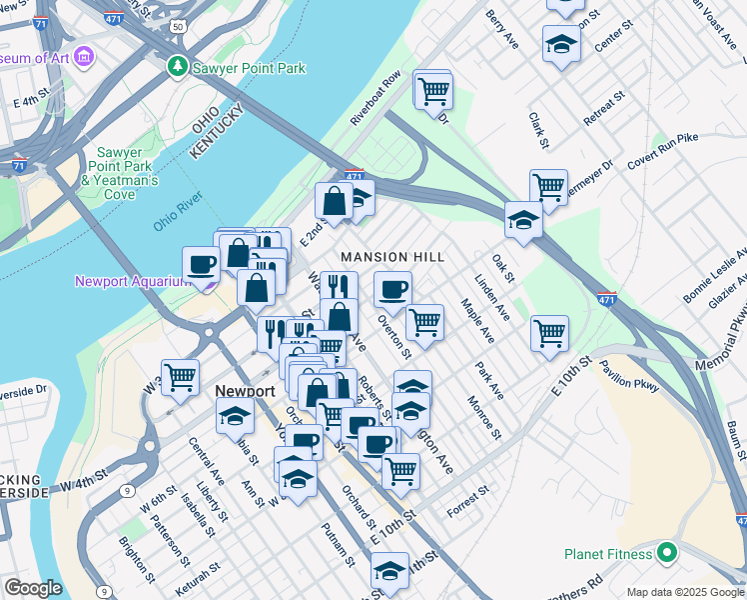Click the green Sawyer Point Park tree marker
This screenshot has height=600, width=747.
[x=177, y=66]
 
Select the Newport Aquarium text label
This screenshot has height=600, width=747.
[x=132, y=281]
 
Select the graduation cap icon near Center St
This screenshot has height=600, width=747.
[x=561, y=44]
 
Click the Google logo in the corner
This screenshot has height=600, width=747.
[x=33, y=588]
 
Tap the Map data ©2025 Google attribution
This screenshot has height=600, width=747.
[x=685, y=592]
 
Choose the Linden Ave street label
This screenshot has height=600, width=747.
[x=492, y=298]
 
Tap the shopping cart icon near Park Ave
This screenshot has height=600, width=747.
[x=549, y=333]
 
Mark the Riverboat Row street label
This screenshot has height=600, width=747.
[x=375, y=98]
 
